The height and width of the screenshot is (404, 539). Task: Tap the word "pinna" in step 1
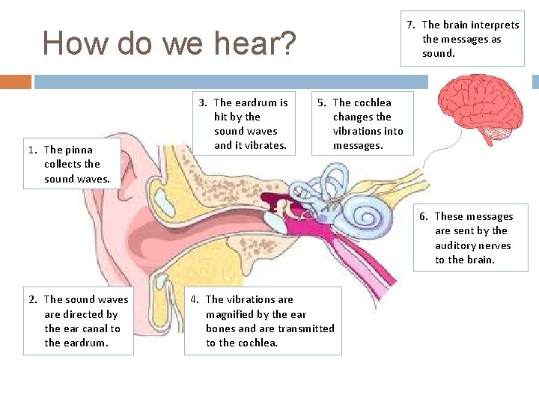[79, 150]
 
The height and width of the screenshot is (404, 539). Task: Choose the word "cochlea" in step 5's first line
[372, 102]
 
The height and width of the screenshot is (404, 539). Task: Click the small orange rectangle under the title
[16, 81]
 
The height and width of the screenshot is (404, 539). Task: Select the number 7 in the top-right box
[411, 25]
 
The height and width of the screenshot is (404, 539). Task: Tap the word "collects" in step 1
[62, 164]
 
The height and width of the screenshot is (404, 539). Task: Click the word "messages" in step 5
[357, 145]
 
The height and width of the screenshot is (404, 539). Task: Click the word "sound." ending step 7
[439, 53]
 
